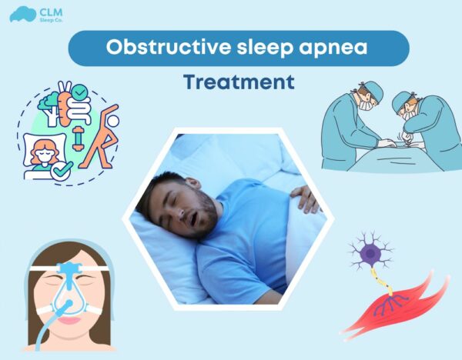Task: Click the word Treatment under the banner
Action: click(x=239, y=82)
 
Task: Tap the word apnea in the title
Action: click(x=330, y=48)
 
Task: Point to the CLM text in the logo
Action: click(x=48, y=10)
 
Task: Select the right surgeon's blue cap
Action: click(x=405, y=101)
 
